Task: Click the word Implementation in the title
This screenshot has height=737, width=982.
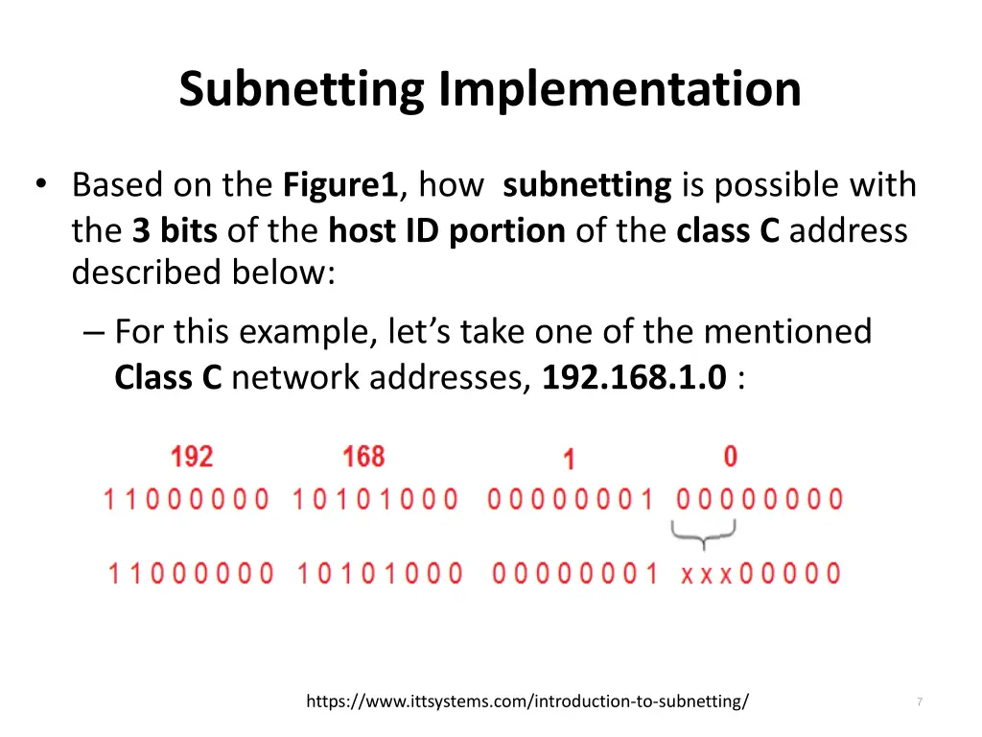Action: pos(620,90)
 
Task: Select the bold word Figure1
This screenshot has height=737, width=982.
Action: pos(340,184)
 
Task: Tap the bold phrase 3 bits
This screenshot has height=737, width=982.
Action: pos(175,230)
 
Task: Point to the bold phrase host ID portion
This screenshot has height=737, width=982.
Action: pos(447,230)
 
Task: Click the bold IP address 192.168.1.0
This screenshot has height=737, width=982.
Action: pos(634,377)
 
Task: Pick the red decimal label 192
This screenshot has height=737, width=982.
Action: pos(192,456)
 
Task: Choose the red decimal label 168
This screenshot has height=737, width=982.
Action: pos(363,456)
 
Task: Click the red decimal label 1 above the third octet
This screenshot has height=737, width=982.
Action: pos(569,460)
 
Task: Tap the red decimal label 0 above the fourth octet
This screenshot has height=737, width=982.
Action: pos(731,456)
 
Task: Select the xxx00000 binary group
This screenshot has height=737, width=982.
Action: pos(760,574)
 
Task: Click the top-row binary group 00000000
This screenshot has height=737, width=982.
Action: pos(760,499)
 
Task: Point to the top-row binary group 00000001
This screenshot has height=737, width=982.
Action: pos(570,499)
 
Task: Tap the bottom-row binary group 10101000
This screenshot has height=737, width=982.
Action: pos(380,574)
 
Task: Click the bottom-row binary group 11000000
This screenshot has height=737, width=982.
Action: pos(190,574)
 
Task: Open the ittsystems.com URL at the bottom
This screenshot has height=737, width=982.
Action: pos(527,701)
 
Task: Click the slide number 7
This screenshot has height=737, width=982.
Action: pos(919,702)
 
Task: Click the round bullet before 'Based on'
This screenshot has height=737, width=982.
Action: pos(40,184)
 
